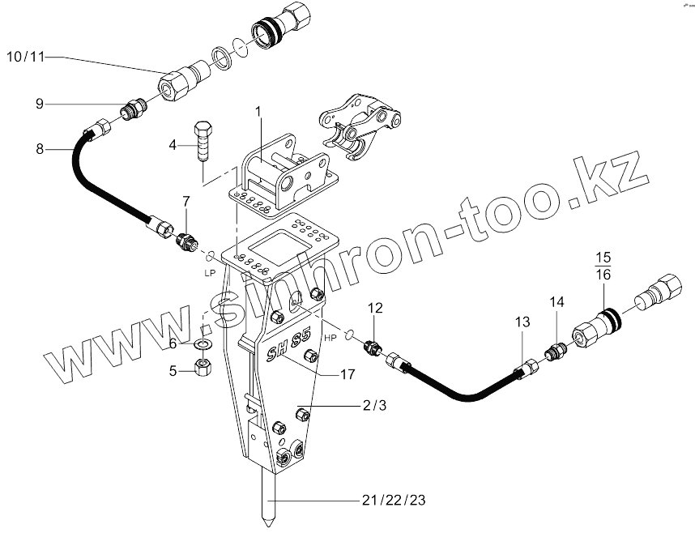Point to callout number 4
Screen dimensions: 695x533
pyautogui.click(x=173, y=145)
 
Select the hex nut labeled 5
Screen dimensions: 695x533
pyautogui.click(x=204, y=370)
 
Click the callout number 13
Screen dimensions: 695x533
pyautogui.click(x=522, y=322)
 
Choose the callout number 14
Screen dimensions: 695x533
pyautogui.click(x=556, y=302)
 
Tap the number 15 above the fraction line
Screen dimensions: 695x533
pyautogui.click(x=602, y=258)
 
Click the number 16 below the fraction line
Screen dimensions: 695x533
pyautogui.click(x=602, y=275)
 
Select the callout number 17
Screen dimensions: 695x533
pyautogui.click(x=347, y=375)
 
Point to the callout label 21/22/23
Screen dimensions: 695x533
pyautogui.click(x=393, y=500)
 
